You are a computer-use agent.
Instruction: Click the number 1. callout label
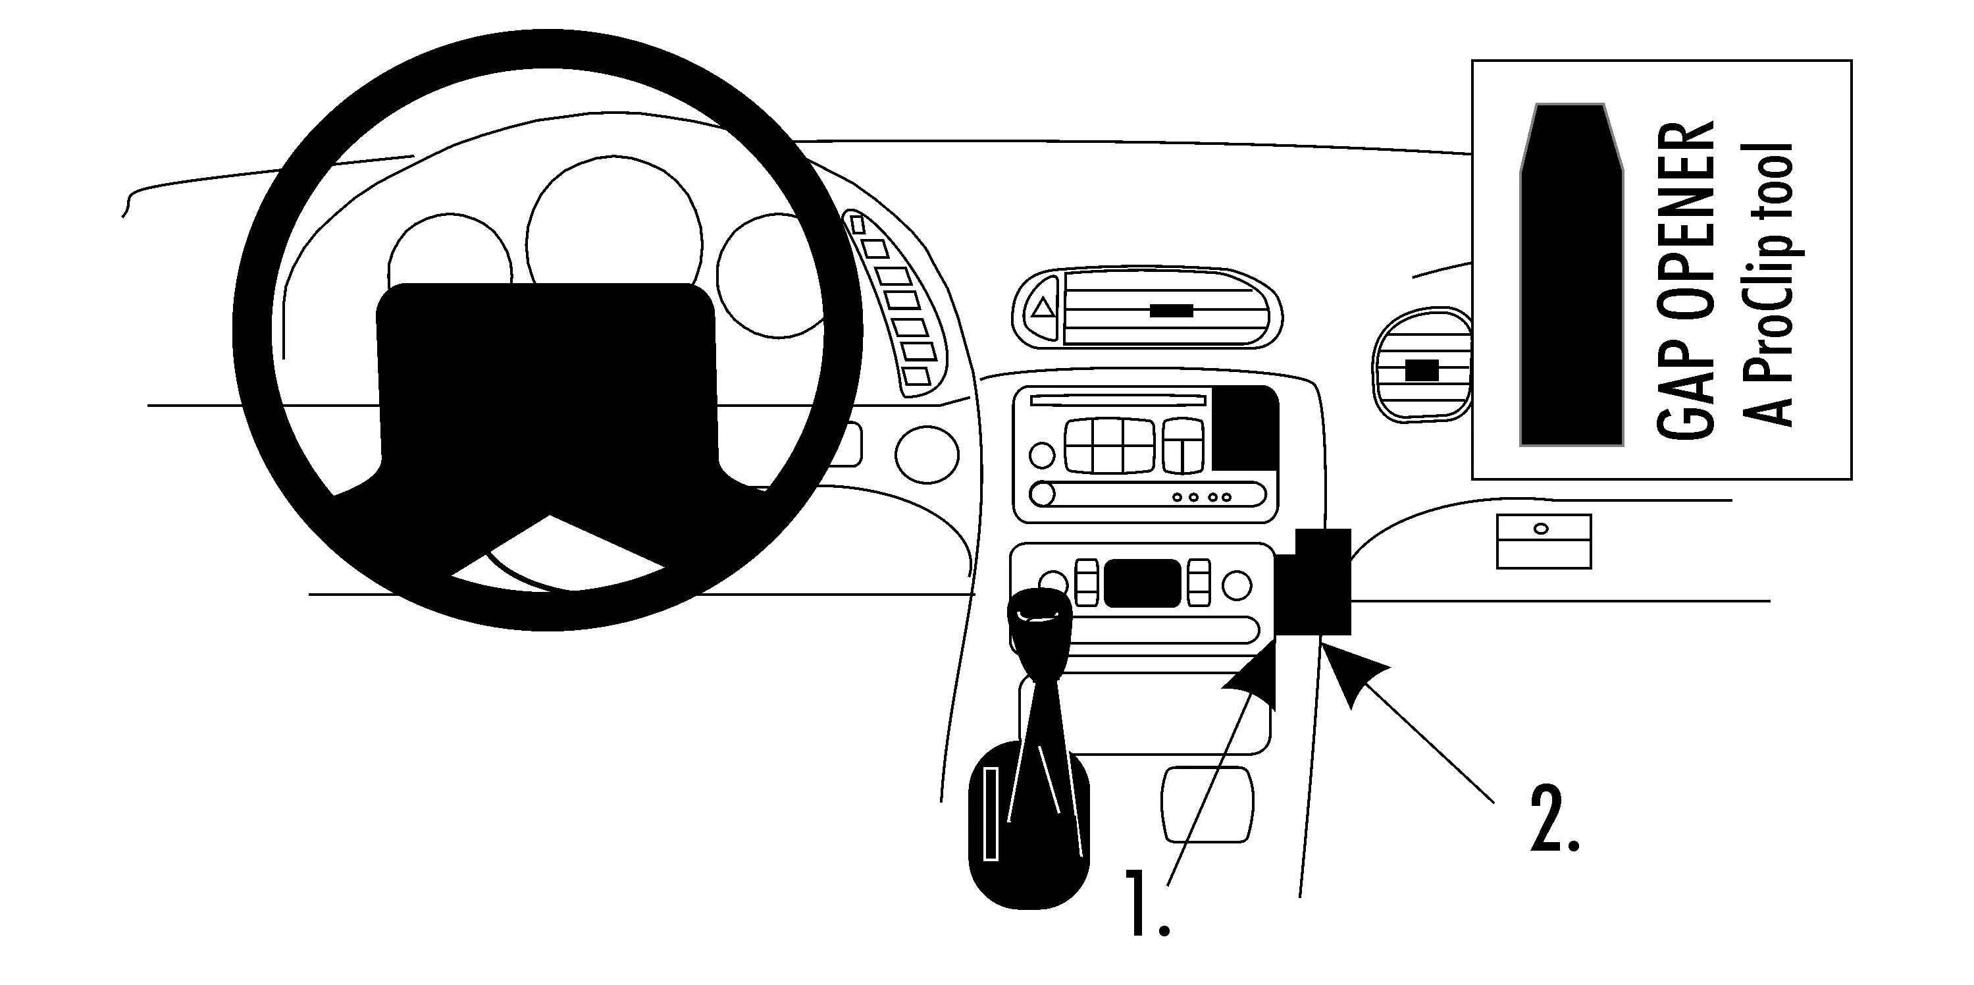[1149, 903]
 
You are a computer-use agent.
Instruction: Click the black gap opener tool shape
[1571, 276]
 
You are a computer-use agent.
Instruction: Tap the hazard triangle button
[1042, 309]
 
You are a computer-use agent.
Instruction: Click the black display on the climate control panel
[1143, 583]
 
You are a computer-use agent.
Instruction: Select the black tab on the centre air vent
[1171, 311]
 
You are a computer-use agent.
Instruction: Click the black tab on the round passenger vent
[1422, 370]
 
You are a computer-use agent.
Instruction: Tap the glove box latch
[1543, 528]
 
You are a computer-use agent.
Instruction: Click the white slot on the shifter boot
[991, 824]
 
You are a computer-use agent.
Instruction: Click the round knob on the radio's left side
[1041, 456]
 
